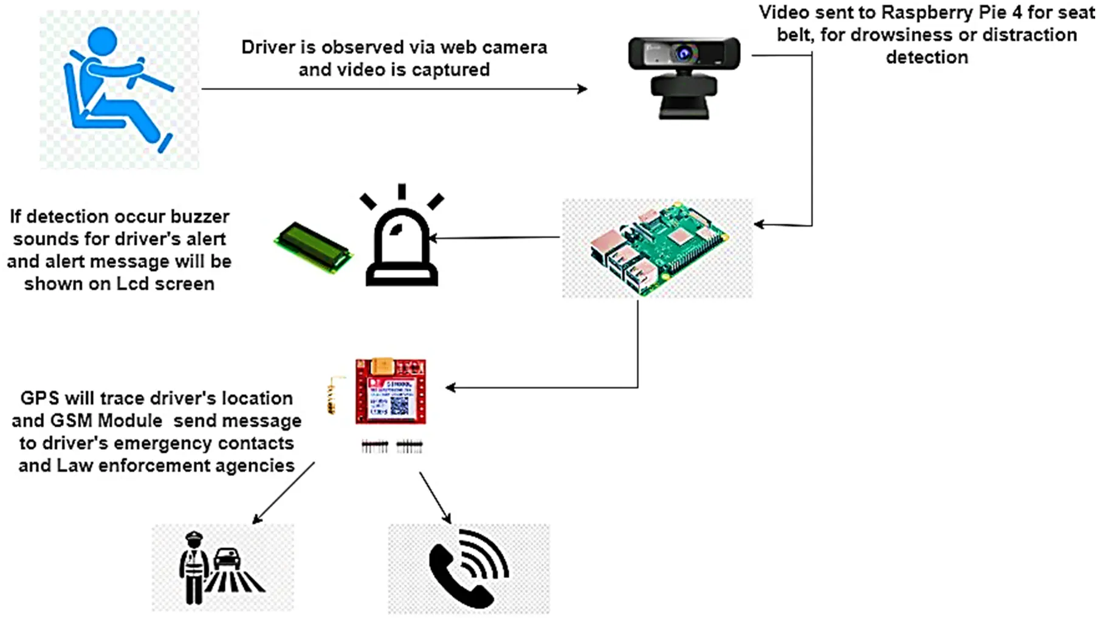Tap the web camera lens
(685, 54)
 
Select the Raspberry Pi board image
(658, 248)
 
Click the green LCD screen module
(313, 247)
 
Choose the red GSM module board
(390, 392)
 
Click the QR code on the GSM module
(399, 405)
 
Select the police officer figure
(193, 568)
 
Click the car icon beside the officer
(227, 558)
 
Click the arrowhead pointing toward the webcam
(582, 89)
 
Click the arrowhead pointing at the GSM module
(450, 387)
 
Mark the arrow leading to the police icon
(283, 493)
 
